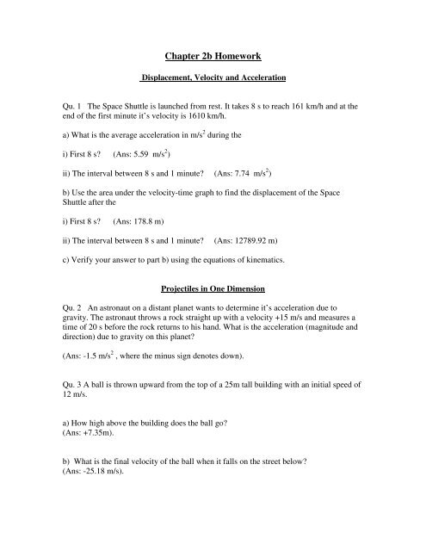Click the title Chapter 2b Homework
213,40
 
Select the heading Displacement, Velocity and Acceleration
213,76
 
